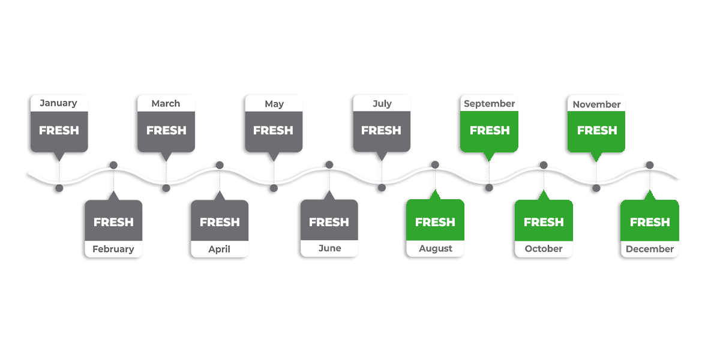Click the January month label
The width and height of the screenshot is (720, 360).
58,103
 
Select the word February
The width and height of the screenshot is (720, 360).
113,249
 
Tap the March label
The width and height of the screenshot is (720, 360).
166,104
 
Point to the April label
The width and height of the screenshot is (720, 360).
219,249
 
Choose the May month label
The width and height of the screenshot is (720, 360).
274,104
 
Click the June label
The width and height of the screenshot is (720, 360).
329,248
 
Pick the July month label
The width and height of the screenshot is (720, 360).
382,104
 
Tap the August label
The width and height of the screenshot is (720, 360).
436,249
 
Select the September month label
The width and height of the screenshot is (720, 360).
489,104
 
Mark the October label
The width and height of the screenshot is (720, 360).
544,249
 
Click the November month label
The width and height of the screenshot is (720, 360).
596,104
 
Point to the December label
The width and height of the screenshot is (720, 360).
650,249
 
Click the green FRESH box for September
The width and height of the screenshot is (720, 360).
490,130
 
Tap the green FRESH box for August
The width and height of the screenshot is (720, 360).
435,222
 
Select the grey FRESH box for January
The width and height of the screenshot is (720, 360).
59,130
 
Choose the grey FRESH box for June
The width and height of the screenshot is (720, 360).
329,222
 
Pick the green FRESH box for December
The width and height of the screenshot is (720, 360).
650,222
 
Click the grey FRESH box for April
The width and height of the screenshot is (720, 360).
220,222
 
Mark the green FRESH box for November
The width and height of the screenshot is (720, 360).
597,130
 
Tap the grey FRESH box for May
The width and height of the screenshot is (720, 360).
273,130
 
